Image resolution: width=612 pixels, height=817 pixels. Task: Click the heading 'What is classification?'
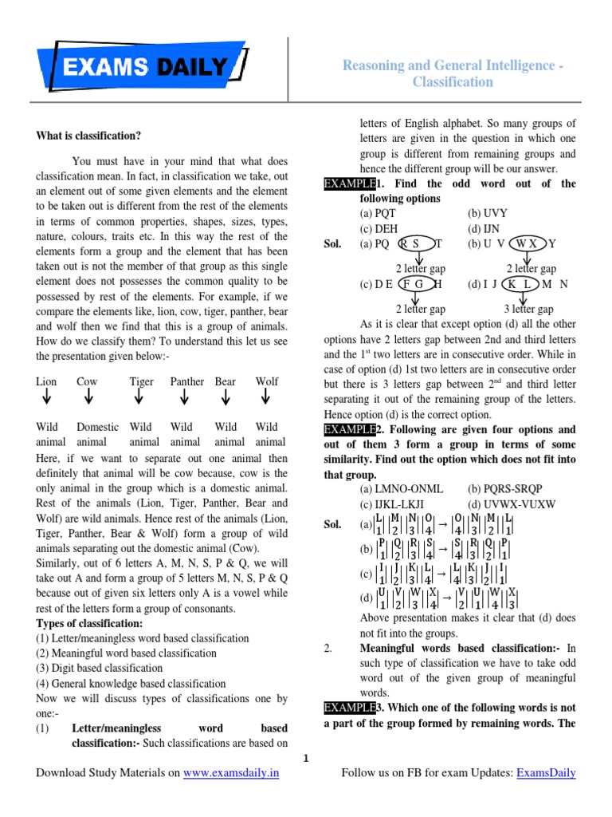click(x=88, y=136)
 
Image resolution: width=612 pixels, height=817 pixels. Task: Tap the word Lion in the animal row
click(x=46, y=381)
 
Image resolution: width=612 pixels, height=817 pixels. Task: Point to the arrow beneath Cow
click(x=88, y=397)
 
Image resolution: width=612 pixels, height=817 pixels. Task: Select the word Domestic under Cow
click(x=97, y=427)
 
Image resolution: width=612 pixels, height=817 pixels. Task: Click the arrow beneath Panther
click(x=185, y=397)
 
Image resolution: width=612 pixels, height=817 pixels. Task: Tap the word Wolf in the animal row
click(x=267, y=381)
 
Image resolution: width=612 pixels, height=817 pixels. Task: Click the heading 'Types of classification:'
click(x=90, y=623)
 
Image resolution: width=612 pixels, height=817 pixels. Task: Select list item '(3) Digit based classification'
click(x=100, y=668)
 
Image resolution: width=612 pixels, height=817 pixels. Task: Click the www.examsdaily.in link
click(x=231, y=773)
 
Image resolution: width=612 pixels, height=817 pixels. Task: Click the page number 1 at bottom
click(x=305, y=757)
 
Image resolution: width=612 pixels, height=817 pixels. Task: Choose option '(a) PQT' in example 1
click(x=378, y=213)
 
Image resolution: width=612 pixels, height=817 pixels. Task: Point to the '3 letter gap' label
click(x=528, y=309)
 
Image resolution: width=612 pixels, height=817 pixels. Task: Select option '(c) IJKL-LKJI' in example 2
click(x=402, y=504)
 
